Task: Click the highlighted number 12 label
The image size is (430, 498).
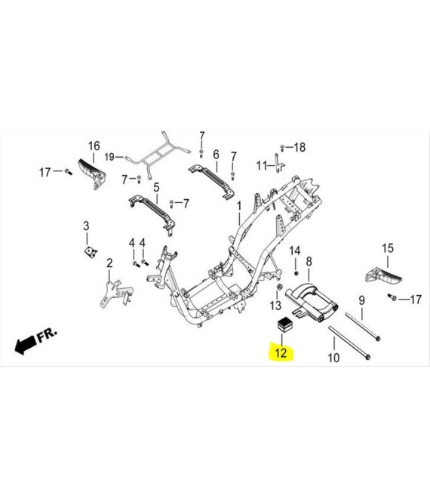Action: (281, 352)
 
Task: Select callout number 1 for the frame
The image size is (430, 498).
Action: (239, 206)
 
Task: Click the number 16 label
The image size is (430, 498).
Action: (94, 146)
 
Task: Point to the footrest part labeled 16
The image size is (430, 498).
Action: (90, 172)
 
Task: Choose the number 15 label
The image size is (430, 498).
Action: (387, 248)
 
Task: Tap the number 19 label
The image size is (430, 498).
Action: (109, 157)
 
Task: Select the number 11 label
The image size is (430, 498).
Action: (261, 165)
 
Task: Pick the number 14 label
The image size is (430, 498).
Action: (296, 251)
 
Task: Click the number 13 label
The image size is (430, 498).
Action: (275, 305)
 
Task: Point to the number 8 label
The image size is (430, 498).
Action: (309, 261)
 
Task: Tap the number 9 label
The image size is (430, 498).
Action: (361, 300)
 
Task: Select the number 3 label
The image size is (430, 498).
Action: (86, 226)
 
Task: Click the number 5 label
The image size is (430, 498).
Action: (156, 186)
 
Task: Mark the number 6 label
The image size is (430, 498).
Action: (215, 154)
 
